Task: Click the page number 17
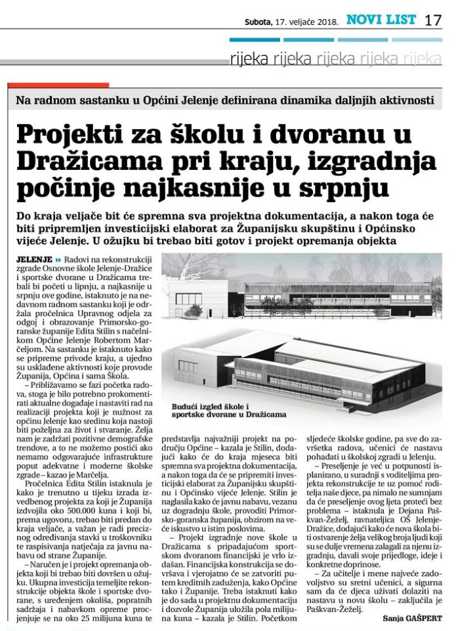click(x=433, y=20)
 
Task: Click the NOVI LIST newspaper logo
click(x=381, y=20)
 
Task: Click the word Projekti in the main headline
click(x=64, y=134)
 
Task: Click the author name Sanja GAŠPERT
click(x=412, y=617)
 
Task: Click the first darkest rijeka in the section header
click(x=249, y=60)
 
